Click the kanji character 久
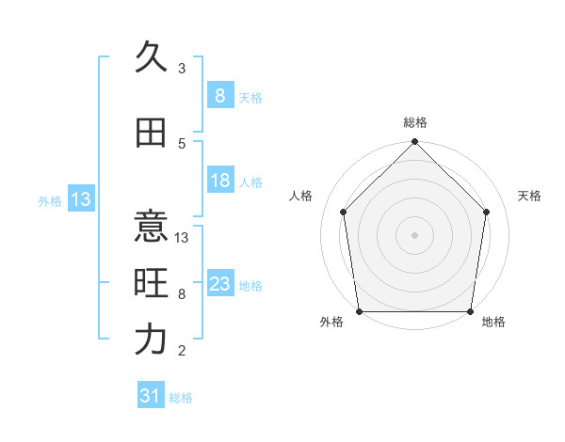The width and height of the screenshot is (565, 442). (x=151, y=57)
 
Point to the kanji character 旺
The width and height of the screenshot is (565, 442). (x=151, y=283)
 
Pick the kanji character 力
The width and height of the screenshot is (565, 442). (x=151, y=339)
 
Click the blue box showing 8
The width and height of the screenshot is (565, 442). (x=219, y=96)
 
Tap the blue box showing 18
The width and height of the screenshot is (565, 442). (x=219, y=181)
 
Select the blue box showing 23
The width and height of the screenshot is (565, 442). (x=219, y=284)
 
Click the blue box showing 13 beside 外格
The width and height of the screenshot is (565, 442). (x=80, y=199)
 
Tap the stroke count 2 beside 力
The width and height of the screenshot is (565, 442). (x=182, y=351)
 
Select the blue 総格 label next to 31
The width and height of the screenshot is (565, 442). (x=181, y=398)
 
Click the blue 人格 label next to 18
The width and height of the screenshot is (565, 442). (x=250, y=182)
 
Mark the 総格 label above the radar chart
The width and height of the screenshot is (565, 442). (x=414, y=122)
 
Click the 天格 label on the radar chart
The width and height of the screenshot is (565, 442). (x=530, y=196)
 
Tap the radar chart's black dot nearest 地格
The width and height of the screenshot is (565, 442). (x=470, y=311)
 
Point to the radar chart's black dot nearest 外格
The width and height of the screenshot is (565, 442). (x=359, y=311)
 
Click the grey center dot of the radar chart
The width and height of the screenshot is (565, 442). (x=414, y=234)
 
